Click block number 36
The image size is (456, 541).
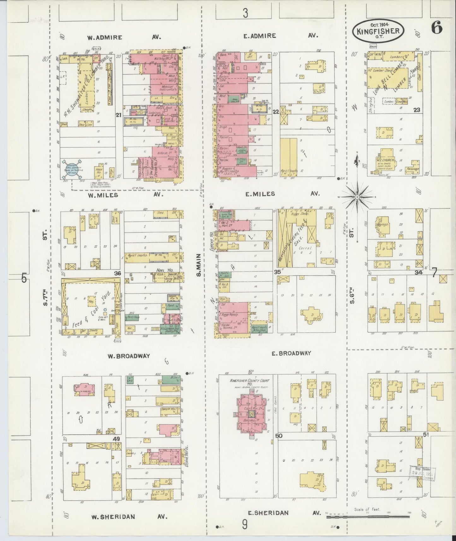(x=117, y=274)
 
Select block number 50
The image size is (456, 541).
(x=279, y=437)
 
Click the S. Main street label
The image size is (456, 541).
(x=199, y=265)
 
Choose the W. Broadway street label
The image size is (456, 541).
(x=128, y=356)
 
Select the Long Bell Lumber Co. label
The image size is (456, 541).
(x=394, y=79)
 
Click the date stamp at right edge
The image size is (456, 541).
(x=422, y=474)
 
